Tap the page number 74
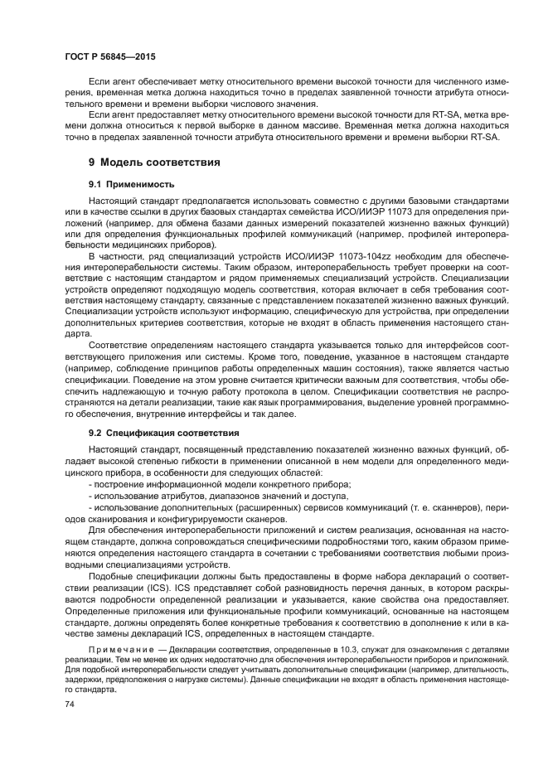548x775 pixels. click(x=70, y=703)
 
